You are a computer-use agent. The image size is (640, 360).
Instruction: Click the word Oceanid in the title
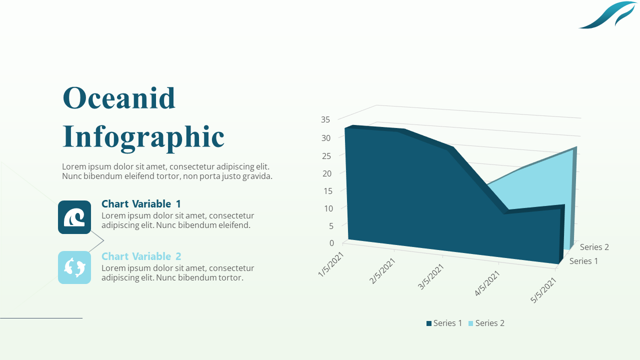[119, 98]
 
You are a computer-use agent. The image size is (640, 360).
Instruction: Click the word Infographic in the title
[143, 136]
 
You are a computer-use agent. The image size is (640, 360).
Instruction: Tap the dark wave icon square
[74, 217]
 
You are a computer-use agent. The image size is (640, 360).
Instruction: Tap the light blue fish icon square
[74, 267]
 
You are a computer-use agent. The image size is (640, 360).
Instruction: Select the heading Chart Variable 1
[141, 204]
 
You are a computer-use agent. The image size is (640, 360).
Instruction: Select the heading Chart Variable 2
[141, 256]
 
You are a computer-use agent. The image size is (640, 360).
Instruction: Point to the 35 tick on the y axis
[325, 119]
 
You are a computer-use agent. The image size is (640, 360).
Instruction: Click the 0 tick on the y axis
[331, 243]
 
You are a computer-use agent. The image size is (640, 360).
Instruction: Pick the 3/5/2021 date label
[431, 276]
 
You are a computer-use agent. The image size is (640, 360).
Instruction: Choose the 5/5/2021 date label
[544, 290]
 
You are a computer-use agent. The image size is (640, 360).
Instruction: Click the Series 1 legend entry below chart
[444, 323]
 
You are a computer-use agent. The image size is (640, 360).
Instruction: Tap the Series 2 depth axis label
[594, 247]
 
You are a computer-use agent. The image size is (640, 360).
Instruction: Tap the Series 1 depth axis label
[583, 261]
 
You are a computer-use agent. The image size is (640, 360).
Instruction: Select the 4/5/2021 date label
[487, 283]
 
